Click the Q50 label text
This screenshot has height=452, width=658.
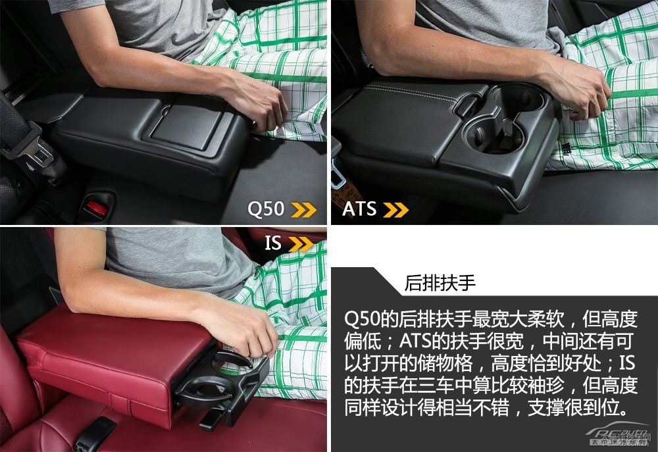pos(266,209)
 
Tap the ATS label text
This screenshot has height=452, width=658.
pos(359,209)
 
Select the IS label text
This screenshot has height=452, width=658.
pos(272,243)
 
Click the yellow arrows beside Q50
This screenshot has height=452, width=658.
pos(304,209)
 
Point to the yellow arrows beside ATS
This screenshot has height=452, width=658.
pos(395,210)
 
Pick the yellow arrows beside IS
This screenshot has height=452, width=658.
pos(301,244)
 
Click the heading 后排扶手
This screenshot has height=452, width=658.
pos(440,283)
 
